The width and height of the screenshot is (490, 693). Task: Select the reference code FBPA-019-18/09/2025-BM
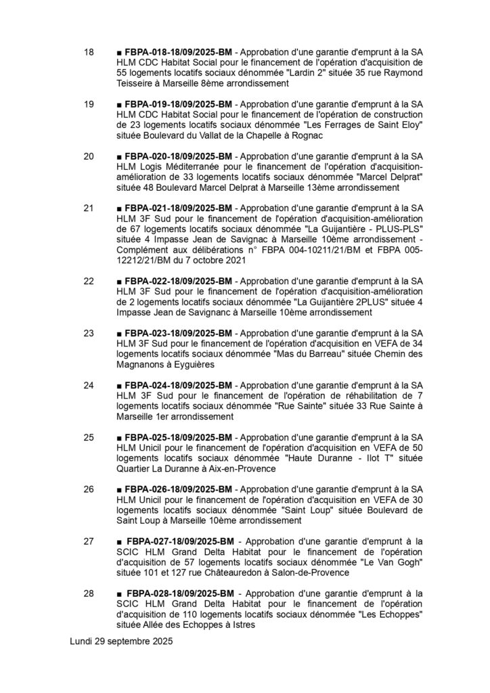click(x=179, y=105)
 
